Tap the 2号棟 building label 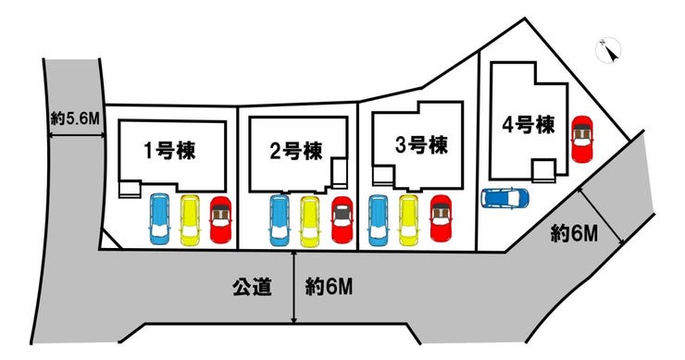[296, 149]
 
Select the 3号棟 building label [421, 144]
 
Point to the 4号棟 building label [529, 125]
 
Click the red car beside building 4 [582, 139]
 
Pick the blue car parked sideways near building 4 [504, 197]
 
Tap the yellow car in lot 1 [190, 219]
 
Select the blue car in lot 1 [159, 219]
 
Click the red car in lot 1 [221, 220]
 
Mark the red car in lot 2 [342, 221]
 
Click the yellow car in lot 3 [408, 219]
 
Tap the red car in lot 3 [440, 218]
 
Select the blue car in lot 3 [378, 219]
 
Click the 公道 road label [251, 288]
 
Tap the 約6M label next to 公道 [329, 288]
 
